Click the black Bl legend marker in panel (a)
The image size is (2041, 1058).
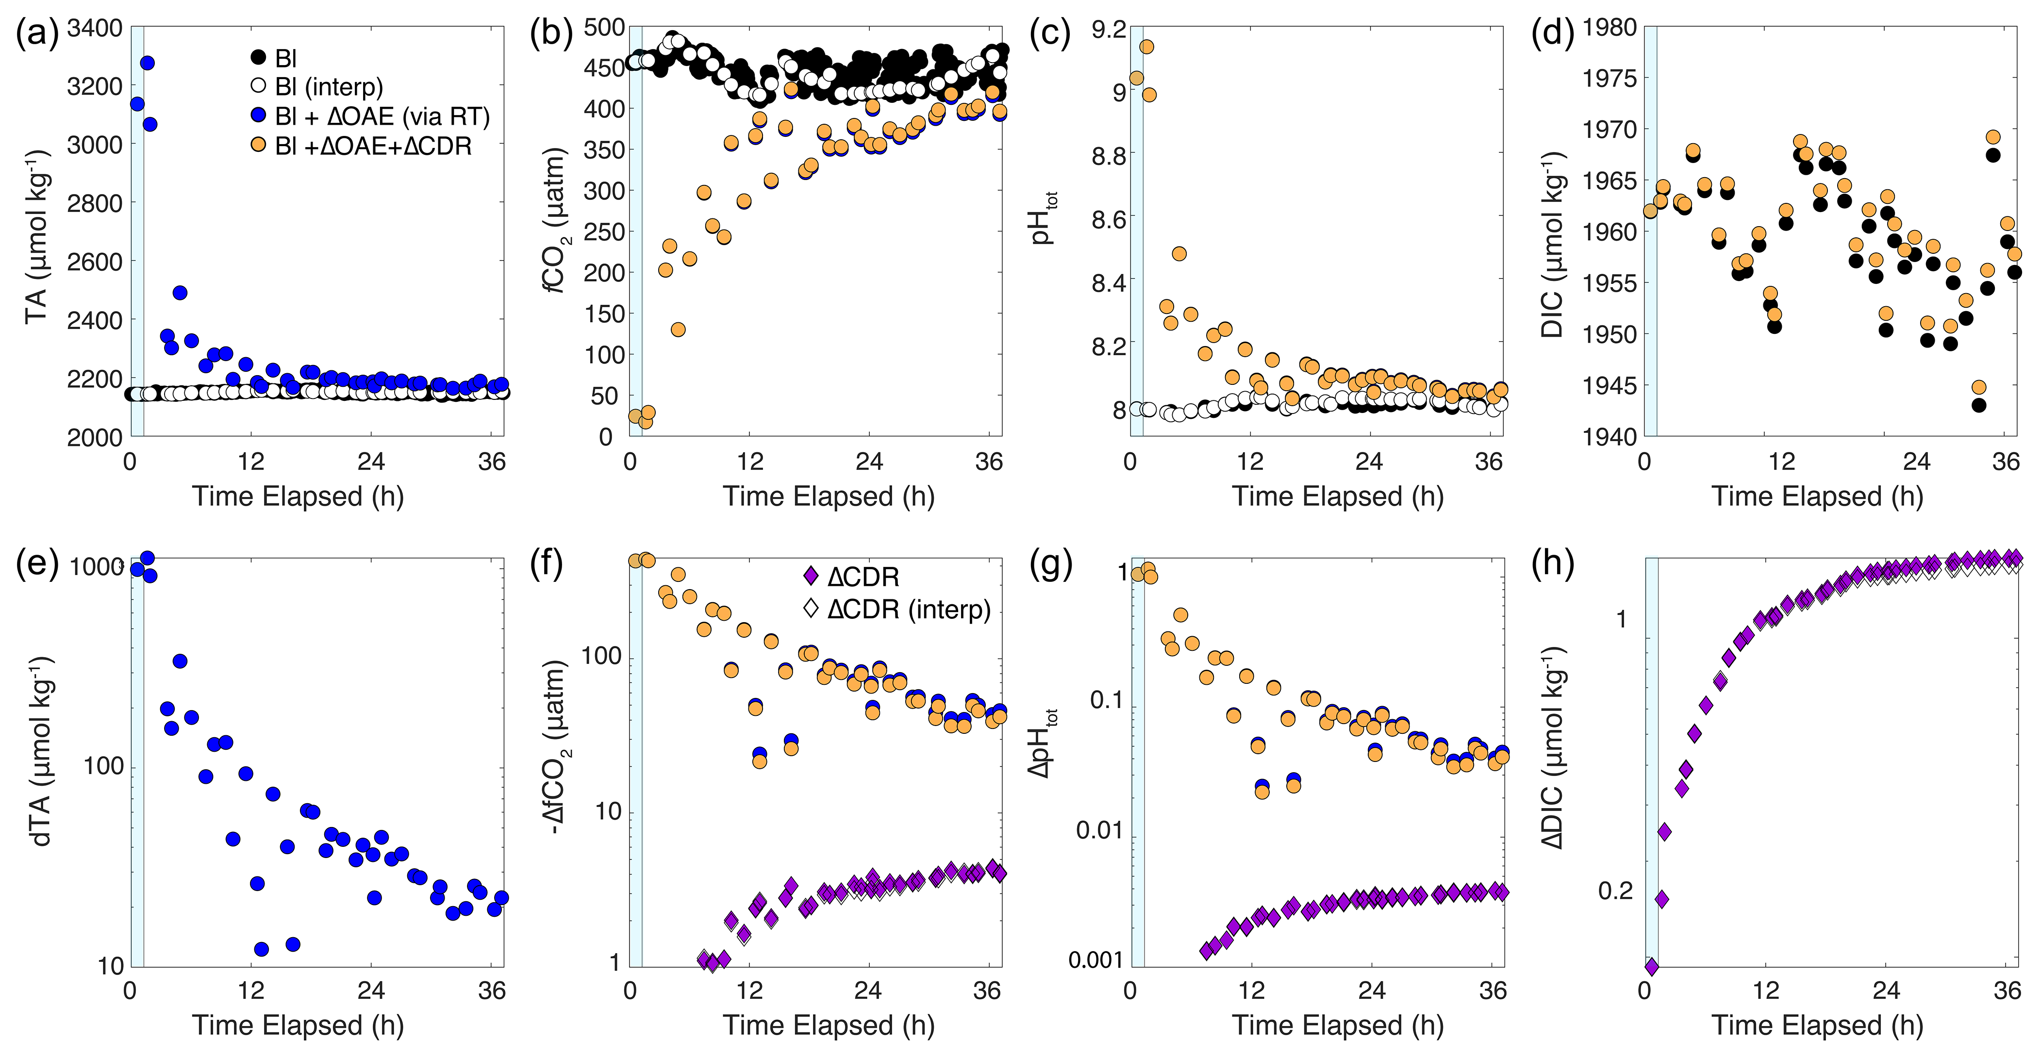[258, 58]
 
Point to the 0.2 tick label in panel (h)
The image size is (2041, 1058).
[1615, 891]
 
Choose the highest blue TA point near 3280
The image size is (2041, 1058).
[147, 63]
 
